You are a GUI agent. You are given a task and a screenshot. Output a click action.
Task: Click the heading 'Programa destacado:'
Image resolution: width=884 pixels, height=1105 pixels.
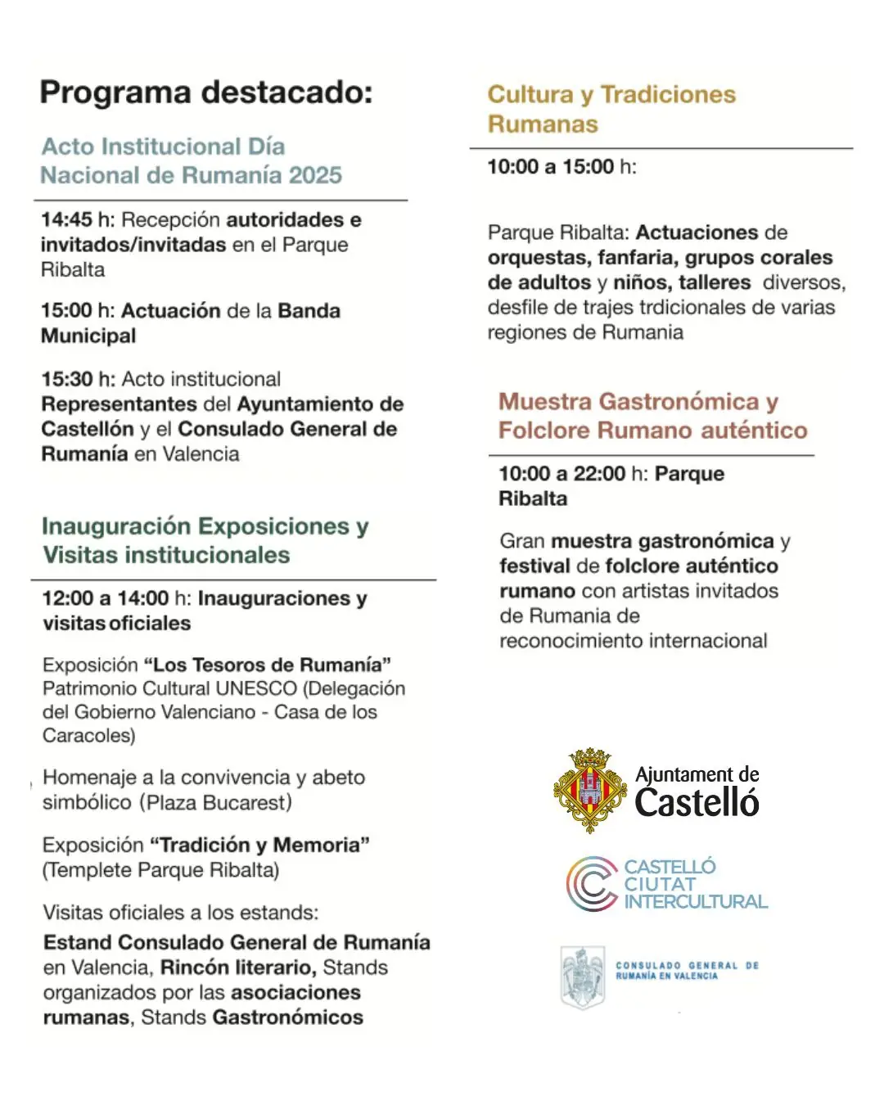[x=206, y=92]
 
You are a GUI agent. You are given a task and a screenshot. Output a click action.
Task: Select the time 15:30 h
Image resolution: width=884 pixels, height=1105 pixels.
[x=78, y=380]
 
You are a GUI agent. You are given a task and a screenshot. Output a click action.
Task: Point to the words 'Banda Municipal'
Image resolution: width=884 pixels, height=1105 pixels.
[x=191, y=323]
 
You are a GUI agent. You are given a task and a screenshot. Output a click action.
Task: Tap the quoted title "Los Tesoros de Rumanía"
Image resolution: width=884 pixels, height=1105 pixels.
[x=267, y=665]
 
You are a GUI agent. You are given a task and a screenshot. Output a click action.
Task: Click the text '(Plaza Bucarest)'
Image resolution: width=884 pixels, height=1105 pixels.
[x=215, y=803]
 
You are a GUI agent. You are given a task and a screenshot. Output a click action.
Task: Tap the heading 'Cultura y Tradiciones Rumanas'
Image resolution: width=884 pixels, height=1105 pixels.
[x=611, y=109]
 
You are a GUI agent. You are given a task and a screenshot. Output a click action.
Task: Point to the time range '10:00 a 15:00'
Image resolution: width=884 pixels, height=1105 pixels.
[x=551, y=167]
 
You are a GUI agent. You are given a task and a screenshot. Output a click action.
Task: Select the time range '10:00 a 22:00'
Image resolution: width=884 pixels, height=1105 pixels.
[x=562, y=474]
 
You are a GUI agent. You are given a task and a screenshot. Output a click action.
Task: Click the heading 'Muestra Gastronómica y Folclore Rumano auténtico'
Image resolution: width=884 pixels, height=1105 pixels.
[x=652, y=416]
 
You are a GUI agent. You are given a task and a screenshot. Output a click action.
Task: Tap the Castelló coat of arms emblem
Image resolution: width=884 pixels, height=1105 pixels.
[x=590, y=790]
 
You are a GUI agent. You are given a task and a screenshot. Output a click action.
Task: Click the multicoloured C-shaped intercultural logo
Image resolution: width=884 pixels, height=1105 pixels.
[x=592, y=884]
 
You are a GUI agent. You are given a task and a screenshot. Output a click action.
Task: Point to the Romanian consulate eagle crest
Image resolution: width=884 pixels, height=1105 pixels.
[x=582, y=976]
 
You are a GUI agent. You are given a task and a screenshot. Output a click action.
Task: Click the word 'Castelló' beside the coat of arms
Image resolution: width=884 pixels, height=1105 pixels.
[x=697, y=803]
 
